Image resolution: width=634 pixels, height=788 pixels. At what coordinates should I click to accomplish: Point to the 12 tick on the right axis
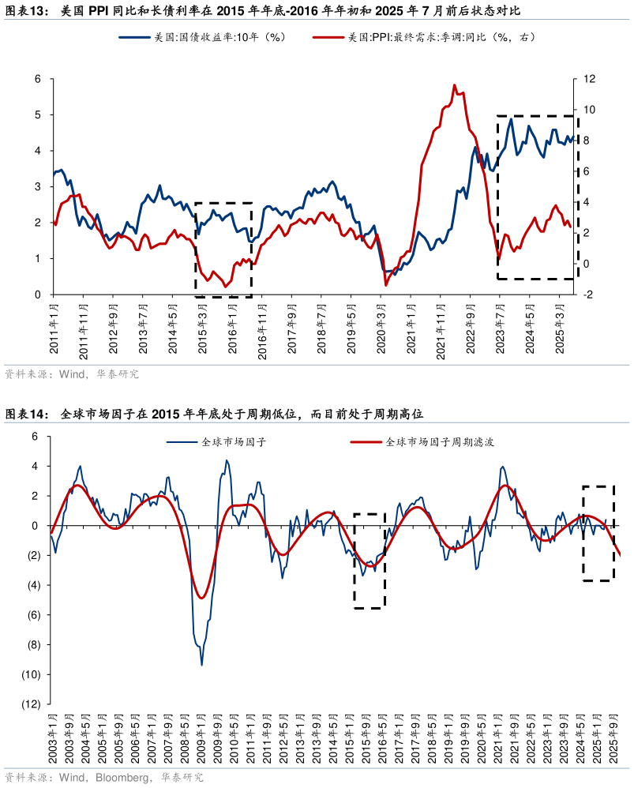pos(587,79)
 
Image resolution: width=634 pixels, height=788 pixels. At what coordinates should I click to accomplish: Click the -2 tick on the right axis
pos(587,295)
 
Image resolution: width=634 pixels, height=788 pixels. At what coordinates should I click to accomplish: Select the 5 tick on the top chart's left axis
pos(37,114)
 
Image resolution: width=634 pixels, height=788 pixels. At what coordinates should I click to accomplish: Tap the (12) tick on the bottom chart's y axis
pos(30,704)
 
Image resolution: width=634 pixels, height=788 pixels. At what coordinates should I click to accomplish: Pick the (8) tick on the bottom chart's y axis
pos(32,644)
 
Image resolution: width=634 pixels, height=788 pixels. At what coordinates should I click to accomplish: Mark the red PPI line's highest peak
pos(455,84)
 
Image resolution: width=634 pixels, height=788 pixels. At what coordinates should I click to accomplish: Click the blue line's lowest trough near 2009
pos(201,665)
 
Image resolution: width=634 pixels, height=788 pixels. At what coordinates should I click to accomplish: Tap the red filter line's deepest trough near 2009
pos(201,598)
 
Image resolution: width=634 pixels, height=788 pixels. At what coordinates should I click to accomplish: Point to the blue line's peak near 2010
pos(227,460)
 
